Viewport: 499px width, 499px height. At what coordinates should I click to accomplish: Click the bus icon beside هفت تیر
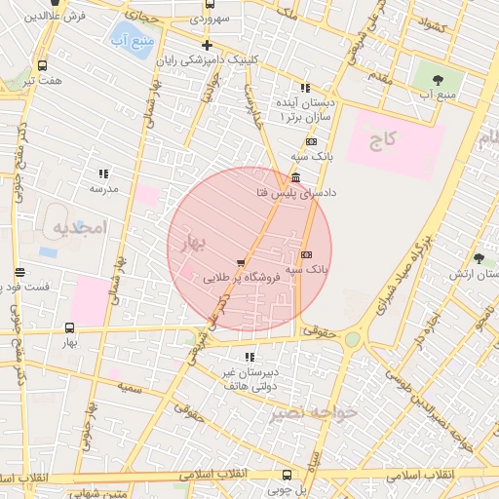coord(41,66)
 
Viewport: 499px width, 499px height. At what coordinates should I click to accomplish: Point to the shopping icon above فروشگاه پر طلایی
coord(241,262)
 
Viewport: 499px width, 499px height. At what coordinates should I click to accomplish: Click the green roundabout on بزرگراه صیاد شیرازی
coord(352,339)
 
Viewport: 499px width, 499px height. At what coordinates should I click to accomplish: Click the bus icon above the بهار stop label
coord(69,328)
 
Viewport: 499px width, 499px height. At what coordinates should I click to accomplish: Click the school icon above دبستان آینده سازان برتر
coord(306,88)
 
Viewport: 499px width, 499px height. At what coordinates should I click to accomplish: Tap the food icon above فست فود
coord(19,273)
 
